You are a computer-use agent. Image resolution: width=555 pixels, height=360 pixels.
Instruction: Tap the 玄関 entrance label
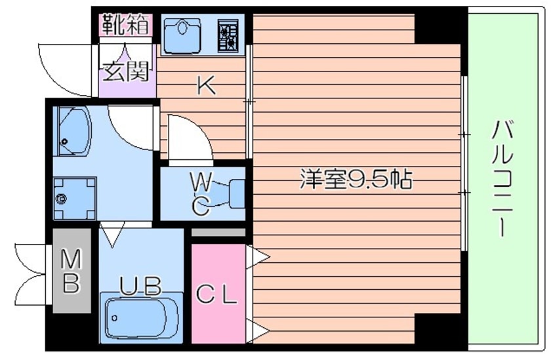(x=126, y=71)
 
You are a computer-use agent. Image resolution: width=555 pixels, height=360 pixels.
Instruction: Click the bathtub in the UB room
(x=140, y=318)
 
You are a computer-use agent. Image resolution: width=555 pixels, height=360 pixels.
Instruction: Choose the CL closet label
(x=216, y=296)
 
